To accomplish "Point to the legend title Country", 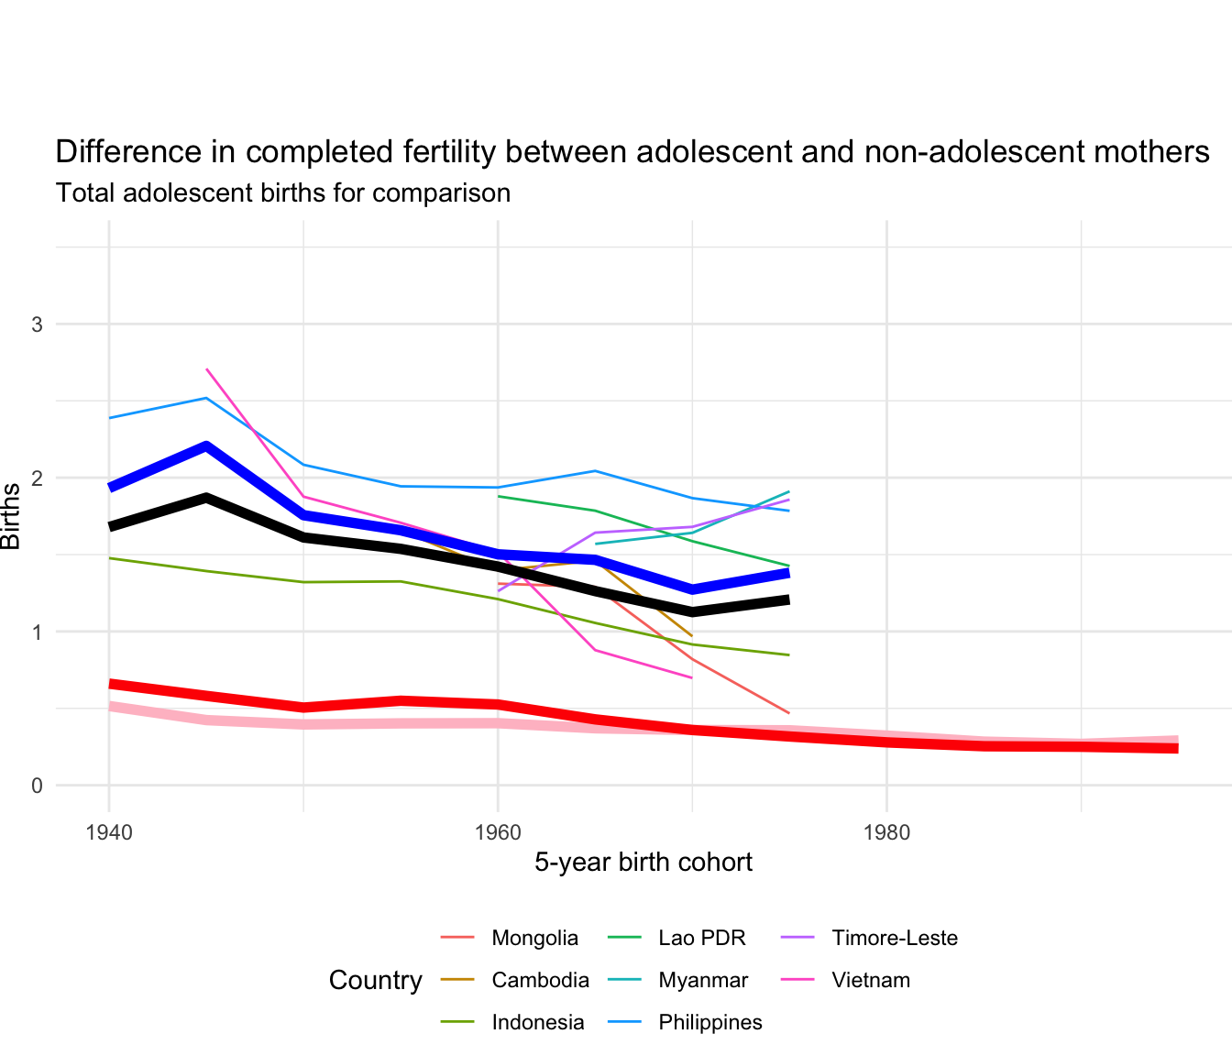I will [x=375, y=981].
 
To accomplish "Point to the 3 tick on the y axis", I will [x=38, y=324].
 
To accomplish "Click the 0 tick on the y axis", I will [x=38, y=786].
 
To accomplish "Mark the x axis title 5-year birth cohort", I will [x=643, y=863].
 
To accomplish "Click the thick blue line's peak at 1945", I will [x=206, y=446].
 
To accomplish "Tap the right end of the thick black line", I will [x=787, y=600].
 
